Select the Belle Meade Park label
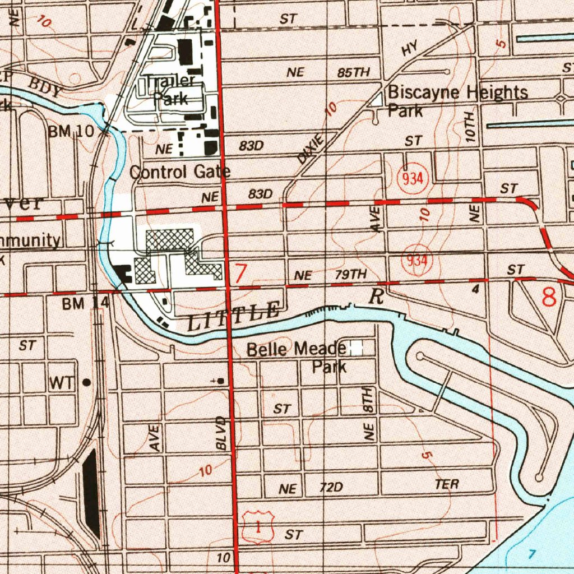coord(297,358)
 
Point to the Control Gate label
coord(179,172)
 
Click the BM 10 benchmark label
coord(71,132)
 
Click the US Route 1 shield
coord(258,527)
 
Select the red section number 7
coord(240,274)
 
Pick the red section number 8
coord(549,297)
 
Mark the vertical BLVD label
coord(222,433)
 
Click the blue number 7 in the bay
coord(533,554)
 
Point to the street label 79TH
coord(350,275)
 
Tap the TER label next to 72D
coord(446,485)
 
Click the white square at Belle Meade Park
coord(356,349)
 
